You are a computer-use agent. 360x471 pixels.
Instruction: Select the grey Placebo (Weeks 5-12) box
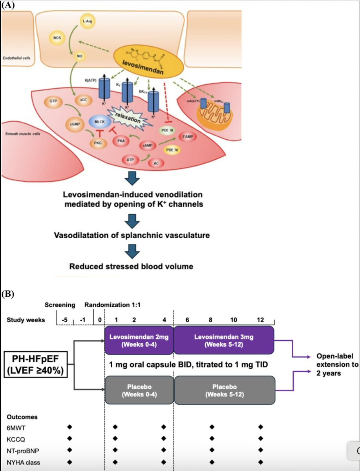[x=224, y=390]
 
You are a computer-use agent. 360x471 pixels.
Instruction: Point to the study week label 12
[x=261, y=319]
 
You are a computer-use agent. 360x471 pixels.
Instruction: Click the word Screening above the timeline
[x=60, y=305]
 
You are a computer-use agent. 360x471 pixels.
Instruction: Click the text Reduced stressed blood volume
[x=131, y=267]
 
